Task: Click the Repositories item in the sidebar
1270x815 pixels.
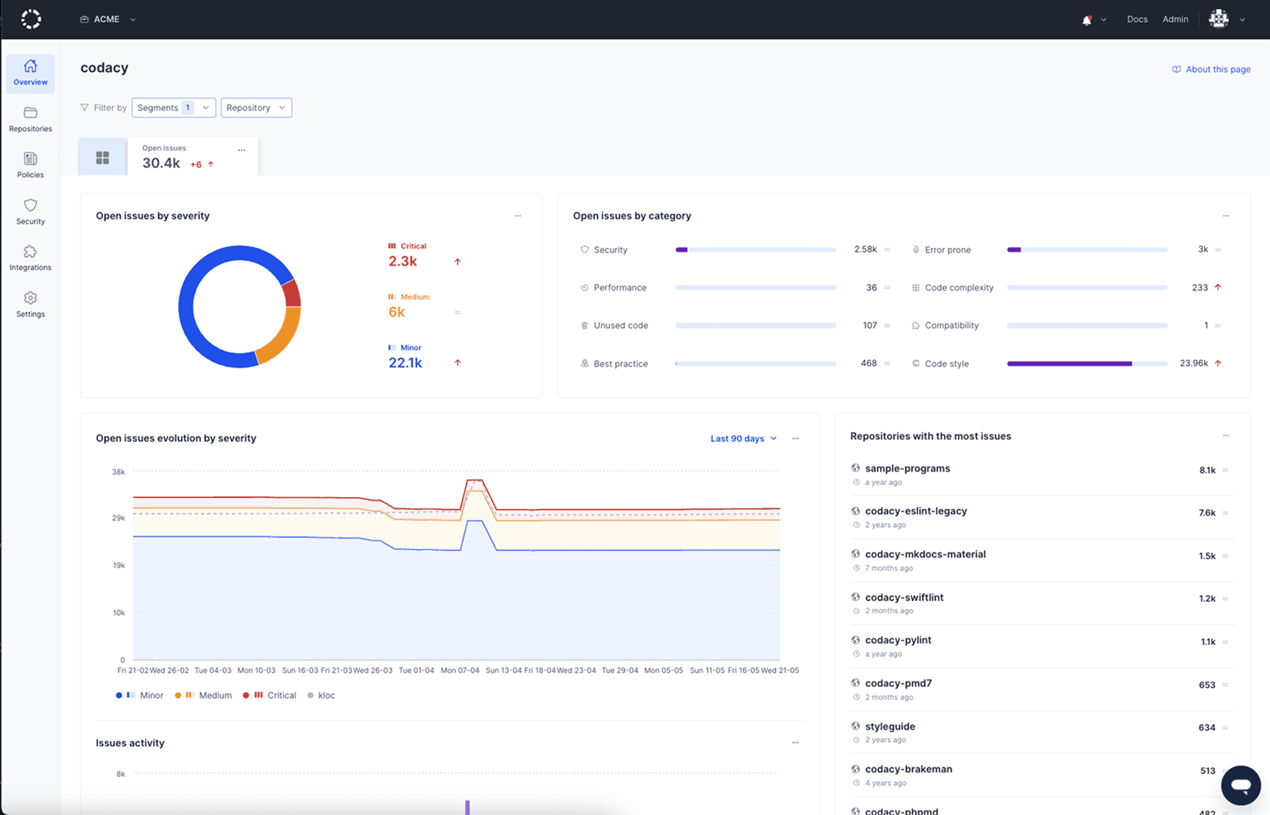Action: click(30, 119)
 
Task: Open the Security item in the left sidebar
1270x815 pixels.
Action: click(30, 211)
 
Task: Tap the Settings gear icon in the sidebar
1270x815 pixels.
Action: click(30, 298)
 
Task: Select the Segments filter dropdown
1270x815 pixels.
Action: click(174, 107)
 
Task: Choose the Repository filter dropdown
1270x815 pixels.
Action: click(256, 107)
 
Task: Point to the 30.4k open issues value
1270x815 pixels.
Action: click(161, 163)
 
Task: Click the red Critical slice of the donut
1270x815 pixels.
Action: click(292, 293)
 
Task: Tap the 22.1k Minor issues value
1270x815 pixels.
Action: click(405, 363)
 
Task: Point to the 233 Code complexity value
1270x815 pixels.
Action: click(1199, 288)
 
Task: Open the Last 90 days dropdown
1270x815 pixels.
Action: click(743, 438)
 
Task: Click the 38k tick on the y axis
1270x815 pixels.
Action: click(118, 472)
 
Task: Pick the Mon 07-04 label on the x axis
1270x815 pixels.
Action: click(460, 670)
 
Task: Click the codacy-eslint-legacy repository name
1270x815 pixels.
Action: click(915, 511)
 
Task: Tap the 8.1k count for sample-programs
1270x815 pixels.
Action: click(1207, 470)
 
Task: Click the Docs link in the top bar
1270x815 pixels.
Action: click(1137, 19)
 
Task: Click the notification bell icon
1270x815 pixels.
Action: click(1087, 20)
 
